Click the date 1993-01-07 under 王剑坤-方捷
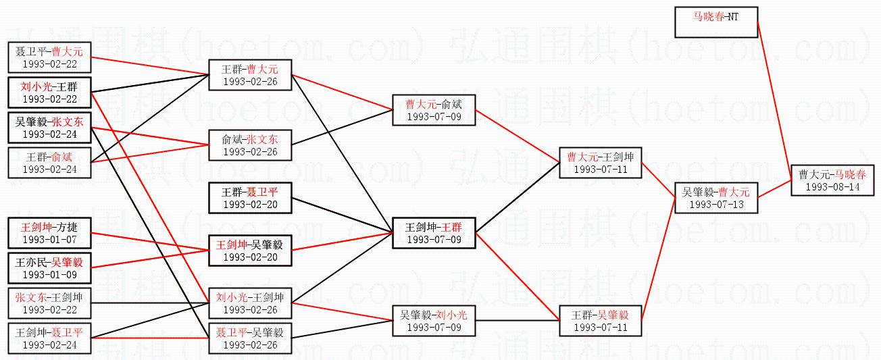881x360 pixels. [x=49, y=239]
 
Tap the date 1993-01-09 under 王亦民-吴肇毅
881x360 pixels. [x=49, y=274]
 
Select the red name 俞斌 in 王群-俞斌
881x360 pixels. [x=61, y=157]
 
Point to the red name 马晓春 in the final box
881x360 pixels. [x=851, y=174]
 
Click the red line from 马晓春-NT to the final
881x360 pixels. [x=774, y=101]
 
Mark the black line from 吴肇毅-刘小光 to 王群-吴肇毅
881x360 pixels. [x=518, y=321]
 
